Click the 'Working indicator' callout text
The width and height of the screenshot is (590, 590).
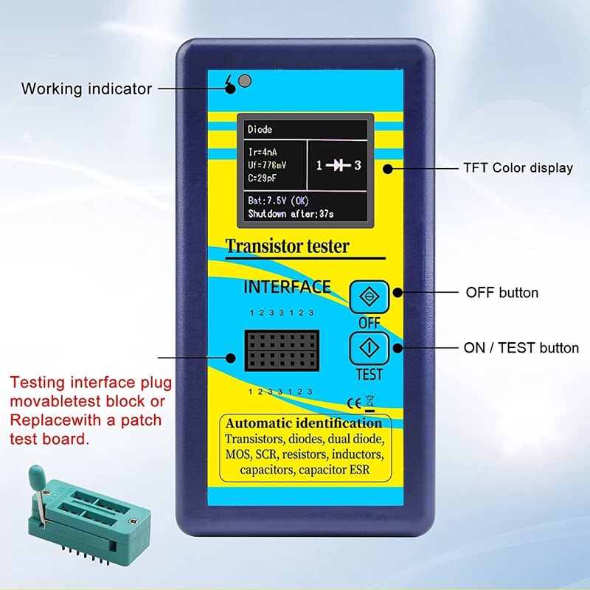pos(86,89)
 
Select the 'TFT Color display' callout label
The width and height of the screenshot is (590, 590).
pos(518,168)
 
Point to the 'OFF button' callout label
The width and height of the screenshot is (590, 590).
pos(502,293)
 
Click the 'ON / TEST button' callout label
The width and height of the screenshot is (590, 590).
pos(521,348)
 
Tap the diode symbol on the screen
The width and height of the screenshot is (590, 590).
pos(339,165)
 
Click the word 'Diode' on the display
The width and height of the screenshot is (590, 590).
pos(260,130)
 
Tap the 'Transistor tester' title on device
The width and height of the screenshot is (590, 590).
pos(287,246)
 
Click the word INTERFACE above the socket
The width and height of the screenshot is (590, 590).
pos(287,287)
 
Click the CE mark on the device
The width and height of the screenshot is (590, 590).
pos(353,403)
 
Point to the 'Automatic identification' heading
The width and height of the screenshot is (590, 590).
pos(304,423)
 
